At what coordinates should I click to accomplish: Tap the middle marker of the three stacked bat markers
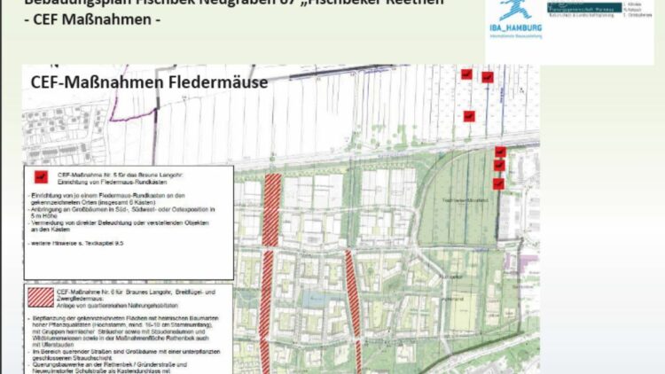499,167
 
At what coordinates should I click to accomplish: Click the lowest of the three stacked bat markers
498,183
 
